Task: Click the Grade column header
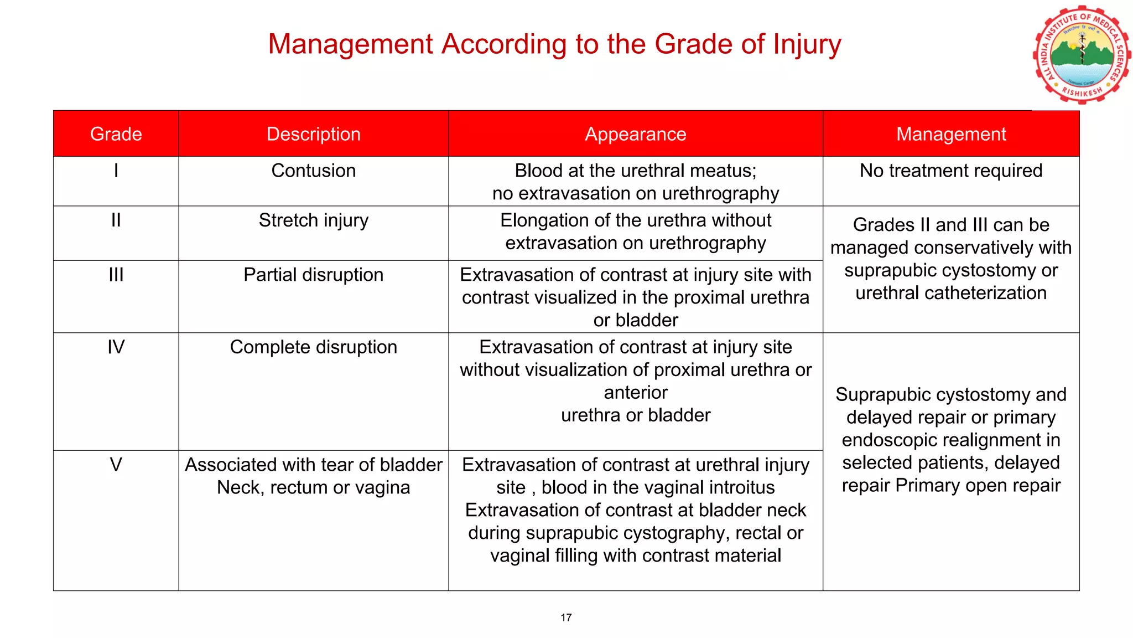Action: pyautogui.click(x=116, y=134)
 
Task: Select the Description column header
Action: pyautogui.click(x=313, y=134)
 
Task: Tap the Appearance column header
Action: pyautogui.click(x=635, y=134)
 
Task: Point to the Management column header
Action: pyautogui.click(x=950, y=134)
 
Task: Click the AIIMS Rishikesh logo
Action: pyautogui.click(x=1082, y=55)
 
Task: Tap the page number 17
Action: pyautogui.click(x=566, y=618)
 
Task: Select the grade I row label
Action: pyautogui.click(x=116, y=171)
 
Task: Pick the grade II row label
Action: pyautogui.click(x=116, y=220)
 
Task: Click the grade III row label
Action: pyautogui.click(x=116, y=275)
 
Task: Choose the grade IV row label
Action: pyautogui.click(x=116, y=347)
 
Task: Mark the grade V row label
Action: pyautogui.click(x=116, y=465)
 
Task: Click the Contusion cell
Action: pyautogui.click(x=313, y=171)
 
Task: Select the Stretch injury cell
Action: pyautogui.click(x=313, y=220)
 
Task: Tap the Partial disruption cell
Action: pyautogui.click(x=313, y=275)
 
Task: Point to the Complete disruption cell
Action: pyautogui.click(x=313, y=347)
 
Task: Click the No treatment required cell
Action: pyautogui.click(x=950, y=171)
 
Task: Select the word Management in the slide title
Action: pyautogui.click(x=350, y=44)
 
